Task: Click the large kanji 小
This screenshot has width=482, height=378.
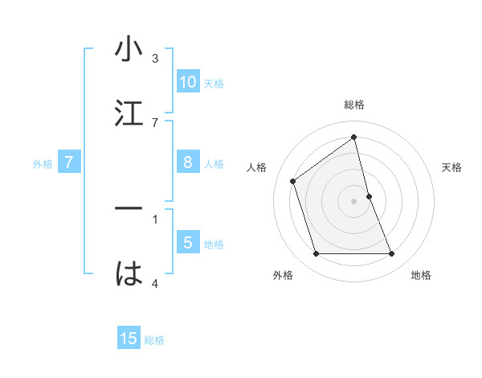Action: [x=129, y=50]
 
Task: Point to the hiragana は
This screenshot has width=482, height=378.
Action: [x=129, y=273]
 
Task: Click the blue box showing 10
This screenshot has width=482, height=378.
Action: [x=188, y=82]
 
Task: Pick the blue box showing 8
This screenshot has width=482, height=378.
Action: [x=188, y=162]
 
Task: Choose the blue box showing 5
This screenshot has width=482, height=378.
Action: [x=188, y=243]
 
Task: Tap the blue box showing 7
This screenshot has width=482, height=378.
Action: [x=69, y=162]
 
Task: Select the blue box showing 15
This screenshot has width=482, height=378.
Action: [x=129, y=339]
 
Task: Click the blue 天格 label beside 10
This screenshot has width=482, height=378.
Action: [x=214, y=84]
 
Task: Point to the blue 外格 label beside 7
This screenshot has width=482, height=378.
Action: [x=43, y=164]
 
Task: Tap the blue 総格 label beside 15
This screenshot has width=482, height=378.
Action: [x=154, y=340]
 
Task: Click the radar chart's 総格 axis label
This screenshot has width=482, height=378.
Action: [x=354, y=105]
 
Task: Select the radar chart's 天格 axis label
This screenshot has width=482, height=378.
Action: [x=452, y=167]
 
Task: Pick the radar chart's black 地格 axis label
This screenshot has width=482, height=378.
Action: [x=421, y=275]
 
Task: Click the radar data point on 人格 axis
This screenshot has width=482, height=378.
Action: [x=293, y=181]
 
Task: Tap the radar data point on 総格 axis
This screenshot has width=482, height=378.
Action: [x=354, y=138]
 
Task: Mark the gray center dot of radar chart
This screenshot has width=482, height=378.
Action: [x=354, y=201]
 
